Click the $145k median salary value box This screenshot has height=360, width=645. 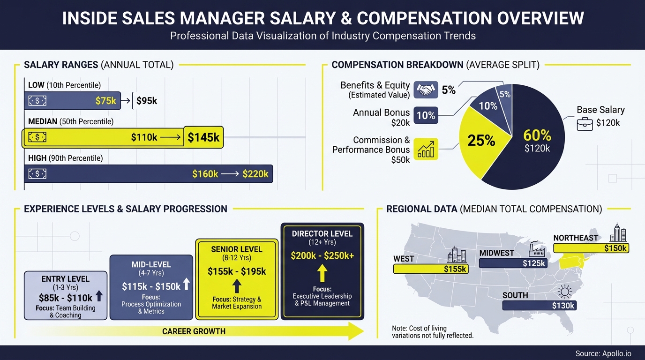pos(203,137)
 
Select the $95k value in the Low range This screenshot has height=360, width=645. pos(147,100)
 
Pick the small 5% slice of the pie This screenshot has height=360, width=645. pos(505,94)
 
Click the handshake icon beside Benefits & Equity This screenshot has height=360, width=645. pos(426,90)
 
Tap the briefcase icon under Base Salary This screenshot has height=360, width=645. pos(585,123)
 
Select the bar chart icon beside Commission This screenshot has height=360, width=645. pos(426,149)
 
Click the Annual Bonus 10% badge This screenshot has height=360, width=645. pos(426,115)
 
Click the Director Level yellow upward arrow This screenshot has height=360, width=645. pos(322,273)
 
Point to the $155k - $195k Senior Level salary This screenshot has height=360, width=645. pos(237,271)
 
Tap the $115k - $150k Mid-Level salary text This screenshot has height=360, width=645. pos(151,286)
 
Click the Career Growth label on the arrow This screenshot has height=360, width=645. pos(194,331)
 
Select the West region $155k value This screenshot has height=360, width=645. pos(455,269)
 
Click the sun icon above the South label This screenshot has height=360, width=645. pos(565,292)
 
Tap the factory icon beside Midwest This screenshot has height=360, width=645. pos(536,249)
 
